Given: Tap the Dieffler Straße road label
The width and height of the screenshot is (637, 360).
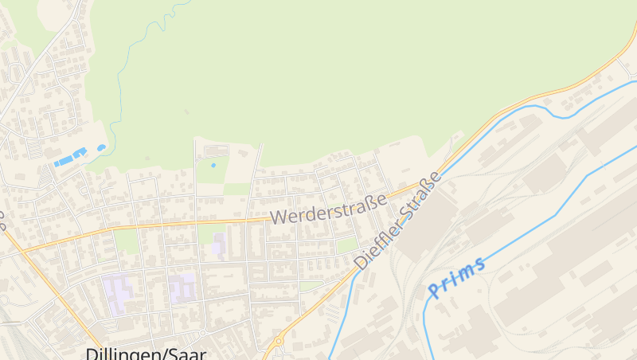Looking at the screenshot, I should coord(397,221).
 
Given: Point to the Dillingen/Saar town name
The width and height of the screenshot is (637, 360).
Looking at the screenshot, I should coord(145,353).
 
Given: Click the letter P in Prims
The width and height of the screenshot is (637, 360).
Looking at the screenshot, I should coord(433,288).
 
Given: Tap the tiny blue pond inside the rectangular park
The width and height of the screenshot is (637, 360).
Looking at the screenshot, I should coord(213,165).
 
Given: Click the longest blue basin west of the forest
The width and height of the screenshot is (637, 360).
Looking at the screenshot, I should coord(63,161).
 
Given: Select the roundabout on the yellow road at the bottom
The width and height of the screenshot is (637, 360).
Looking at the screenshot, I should coord(279,342).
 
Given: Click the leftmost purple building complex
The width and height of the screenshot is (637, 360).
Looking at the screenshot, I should coord(115,292).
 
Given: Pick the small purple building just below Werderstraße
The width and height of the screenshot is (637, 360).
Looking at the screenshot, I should coord(219,245).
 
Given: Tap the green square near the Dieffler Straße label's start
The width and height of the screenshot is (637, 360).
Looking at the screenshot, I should coord(346,245).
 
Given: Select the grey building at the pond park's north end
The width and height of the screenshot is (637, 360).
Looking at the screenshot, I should coord(214,151).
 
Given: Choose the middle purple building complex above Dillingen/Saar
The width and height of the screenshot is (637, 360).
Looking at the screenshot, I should coord(182,288).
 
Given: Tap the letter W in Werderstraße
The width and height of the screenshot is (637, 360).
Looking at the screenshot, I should coord(278,217).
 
